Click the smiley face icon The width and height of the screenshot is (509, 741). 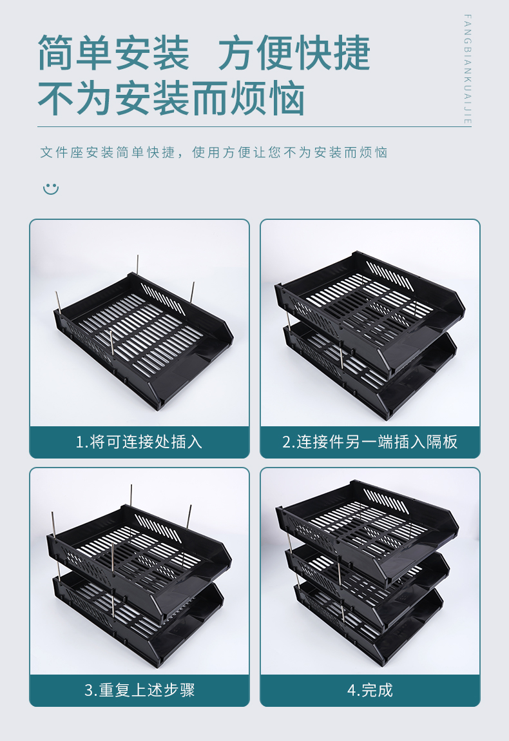[51, 189]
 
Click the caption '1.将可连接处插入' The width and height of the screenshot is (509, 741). [139, 442]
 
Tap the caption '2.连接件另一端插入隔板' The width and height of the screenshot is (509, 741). [370, 442]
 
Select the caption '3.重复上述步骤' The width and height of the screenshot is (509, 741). [139, 690]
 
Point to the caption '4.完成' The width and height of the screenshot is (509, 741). [370, 690]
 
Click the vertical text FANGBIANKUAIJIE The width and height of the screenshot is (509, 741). [468, 70]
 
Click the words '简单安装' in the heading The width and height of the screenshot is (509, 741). [113, 52]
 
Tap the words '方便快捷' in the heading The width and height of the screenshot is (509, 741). [294, 52]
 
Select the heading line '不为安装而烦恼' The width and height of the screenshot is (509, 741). [171, 98]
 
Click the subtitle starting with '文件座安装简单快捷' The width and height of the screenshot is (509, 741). [213, 152]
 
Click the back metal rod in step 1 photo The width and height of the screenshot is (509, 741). [137, 264]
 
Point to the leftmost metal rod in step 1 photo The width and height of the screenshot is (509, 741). [57, 302]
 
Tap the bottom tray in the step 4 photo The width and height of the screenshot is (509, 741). [369, 624]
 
